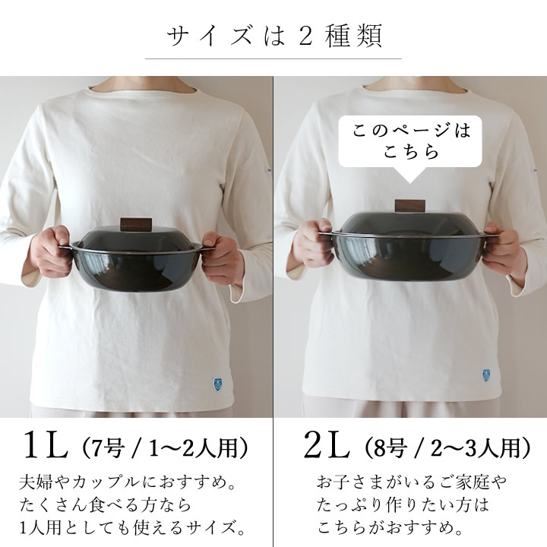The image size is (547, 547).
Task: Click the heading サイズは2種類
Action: point(273,36)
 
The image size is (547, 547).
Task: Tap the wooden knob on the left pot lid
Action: point(136,224)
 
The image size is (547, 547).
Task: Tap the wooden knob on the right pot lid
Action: point(410,205)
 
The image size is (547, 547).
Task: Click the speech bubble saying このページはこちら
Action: point(410,141)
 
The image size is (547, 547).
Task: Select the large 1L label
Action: point(46,444)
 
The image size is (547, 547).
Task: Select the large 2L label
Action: point(326,444)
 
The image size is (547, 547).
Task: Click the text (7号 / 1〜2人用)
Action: point(164,447)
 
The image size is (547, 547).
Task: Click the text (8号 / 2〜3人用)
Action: point(447,447)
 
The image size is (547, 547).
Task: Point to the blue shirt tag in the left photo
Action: point(217,384)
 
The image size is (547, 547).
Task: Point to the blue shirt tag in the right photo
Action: point(486,375)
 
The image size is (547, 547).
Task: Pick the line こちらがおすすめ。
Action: point(390,527)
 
